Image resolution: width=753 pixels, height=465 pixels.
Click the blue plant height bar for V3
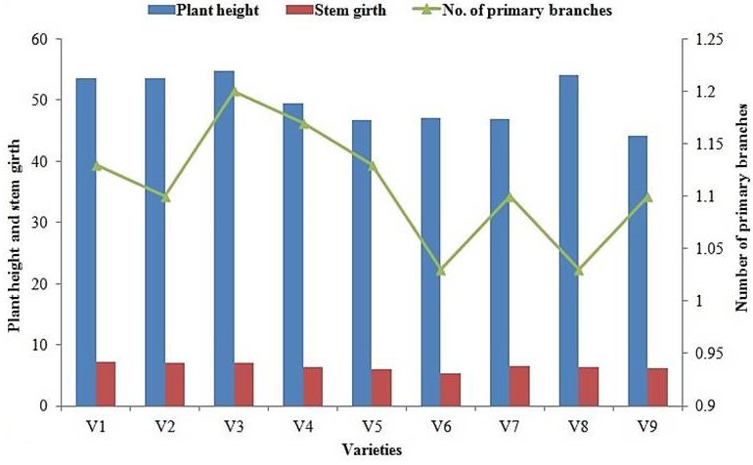pyautogui.click(x=224, y=238)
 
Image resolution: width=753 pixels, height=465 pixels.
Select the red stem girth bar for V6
pyautogui.click(x=451, y=390)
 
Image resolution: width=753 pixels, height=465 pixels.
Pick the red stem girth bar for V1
pyautogui.click(x=106, y=384)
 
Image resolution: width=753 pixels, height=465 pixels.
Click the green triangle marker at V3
pyautogui.click(x=235, y=92)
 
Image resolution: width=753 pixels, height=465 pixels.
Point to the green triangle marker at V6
pyautogui.click(x=441, y=271)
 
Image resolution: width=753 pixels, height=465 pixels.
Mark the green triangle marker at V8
pyautogui.click(x=579, y=271)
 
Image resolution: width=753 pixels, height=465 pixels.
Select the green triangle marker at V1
pyautogui.click(x=97, y=165)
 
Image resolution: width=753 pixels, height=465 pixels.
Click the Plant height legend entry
pyautogui.click(x=203, y=10)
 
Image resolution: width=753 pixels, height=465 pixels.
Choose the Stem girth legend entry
pyautogui.click(x=335, y=10)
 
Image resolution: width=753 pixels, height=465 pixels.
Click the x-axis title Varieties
pyautogui.click(x=373, y=450)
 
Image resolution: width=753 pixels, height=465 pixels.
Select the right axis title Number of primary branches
pyautogui.click(x=742, y=207)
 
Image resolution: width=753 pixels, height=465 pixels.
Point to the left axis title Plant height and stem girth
pyautogui.click(x=15, y=235)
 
